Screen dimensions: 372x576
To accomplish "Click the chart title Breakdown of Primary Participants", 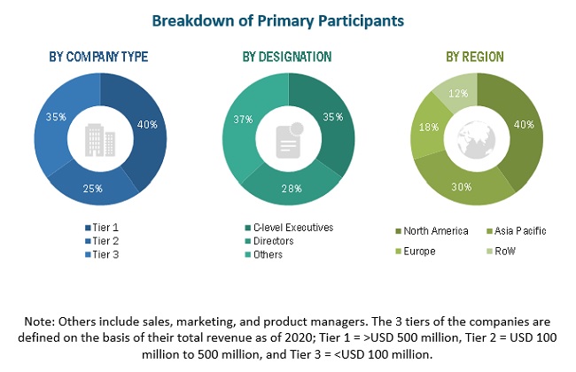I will pos(285,19).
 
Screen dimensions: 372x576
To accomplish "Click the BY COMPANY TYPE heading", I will pos(98,57).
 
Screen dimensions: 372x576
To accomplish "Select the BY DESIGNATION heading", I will pos(287,57).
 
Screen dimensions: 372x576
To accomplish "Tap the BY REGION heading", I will pos(476,57).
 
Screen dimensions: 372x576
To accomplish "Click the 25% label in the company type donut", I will pos(93,189).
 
